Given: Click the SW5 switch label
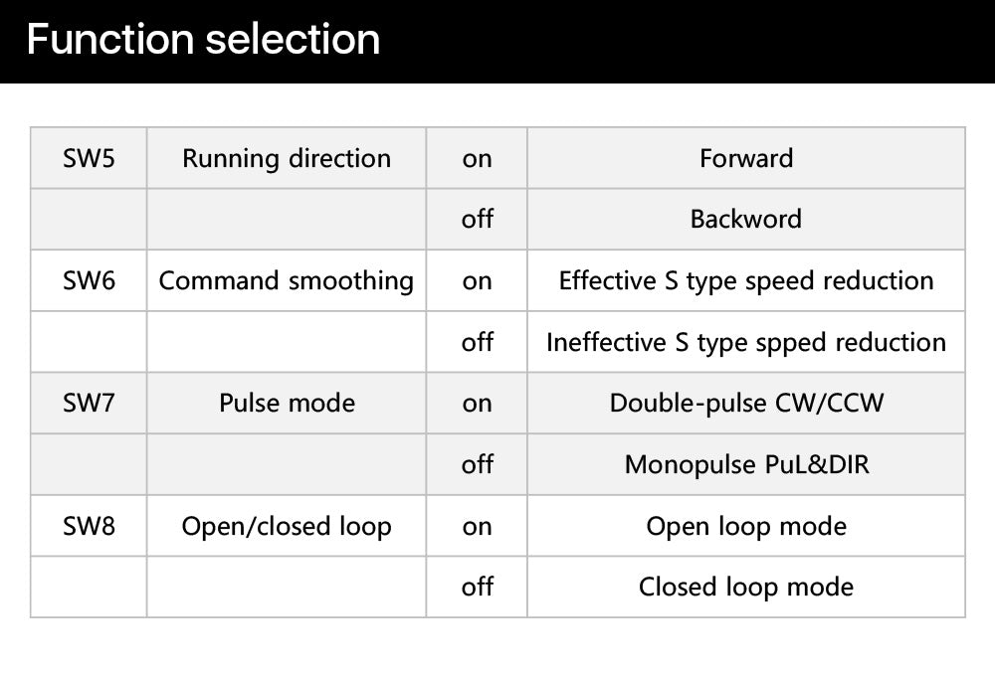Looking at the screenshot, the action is pos(89,158).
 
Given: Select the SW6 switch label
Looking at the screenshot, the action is pos(89,281).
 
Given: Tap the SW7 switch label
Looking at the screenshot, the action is pos(89,404).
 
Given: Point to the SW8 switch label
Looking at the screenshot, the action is pos(89,526).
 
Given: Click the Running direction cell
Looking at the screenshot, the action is pos(287,159).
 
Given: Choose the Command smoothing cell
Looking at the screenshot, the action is pos(287,281).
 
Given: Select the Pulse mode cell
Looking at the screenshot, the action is pos(287,404).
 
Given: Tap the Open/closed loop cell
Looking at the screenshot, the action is pos(287,527).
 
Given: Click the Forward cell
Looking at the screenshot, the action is pos(746,158).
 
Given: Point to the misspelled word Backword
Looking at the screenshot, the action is pos(746,220).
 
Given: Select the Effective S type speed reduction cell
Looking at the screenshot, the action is pos(746,281).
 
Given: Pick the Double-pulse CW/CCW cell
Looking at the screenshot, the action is pos(746,404).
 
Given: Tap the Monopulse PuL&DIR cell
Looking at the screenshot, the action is pos(746,465).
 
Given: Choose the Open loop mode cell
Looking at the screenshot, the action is pos(746,527).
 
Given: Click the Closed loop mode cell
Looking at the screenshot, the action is pos(746,588).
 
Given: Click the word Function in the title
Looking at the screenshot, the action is pos(109,40).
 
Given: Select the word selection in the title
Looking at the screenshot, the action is pos(293,40).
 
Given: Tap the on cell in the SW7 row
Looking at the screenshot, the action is pos(478,404).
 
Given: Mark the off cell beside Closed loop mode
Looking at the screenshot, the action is pos(478,587).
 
